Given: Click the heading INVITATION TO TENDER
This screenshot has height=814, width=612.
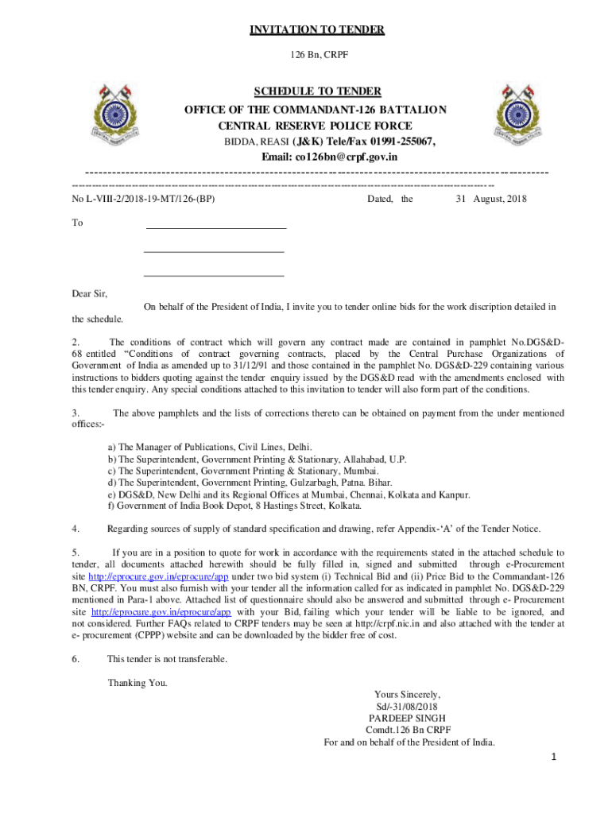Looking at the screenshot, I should click(317, 30).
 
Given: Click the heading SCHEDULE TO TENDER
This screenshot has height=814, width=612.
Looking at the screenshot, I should click(316, 91).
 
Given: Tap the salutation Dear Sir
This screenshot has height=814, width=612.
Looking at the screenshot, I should click(90, 294).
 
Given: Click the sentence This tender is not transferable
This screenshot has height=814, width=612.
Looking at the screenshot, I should click(167, 659).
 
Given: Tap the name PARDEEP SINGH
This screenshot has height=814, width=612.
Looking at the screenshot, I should click(408, 718).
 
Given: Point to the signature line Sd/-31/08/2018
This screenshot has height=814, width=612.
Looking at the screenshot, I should click(407, 706).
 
